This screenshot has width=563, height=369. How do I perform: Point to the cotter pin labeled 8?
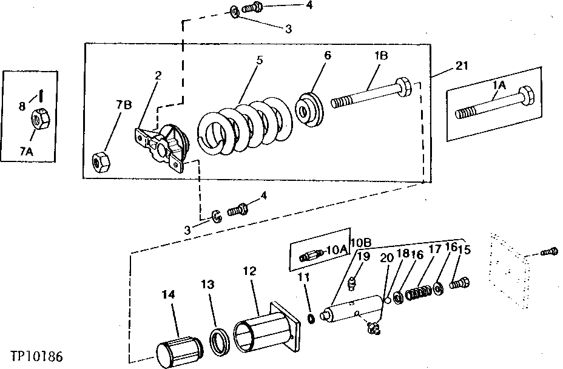[x=40, y=95]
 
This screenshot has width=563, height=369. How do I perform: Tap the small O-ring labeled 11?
[x=311, y=319]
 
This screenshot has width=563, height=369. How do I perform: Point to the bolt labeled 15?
[x=459, y=282]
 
